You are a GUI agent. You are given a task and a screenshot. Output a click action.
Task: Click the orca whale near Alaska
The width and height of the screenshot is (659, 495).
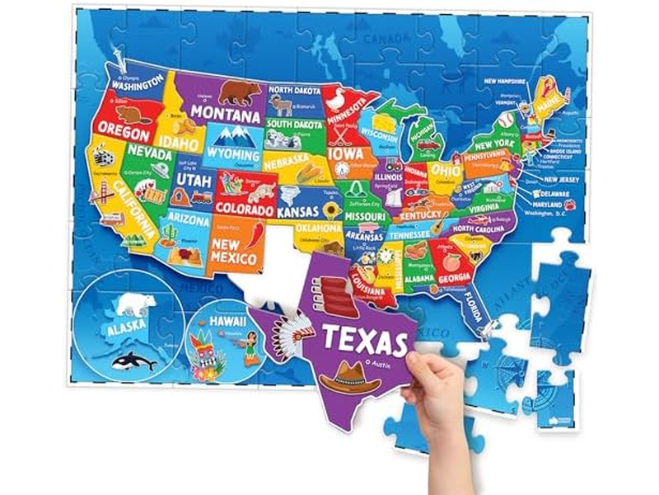[134, 360]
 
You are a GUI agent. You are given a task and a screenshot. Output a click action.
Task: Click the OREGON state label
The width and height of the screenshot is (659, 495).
[123, 130]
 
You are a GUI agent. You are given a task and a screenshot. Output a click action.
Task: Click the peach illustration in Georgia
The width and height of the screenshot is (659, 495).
[451, 262]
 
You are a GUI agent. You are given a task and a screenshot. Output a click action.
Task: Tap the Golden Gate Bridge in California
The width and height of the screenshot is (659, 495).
[105, 192]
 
